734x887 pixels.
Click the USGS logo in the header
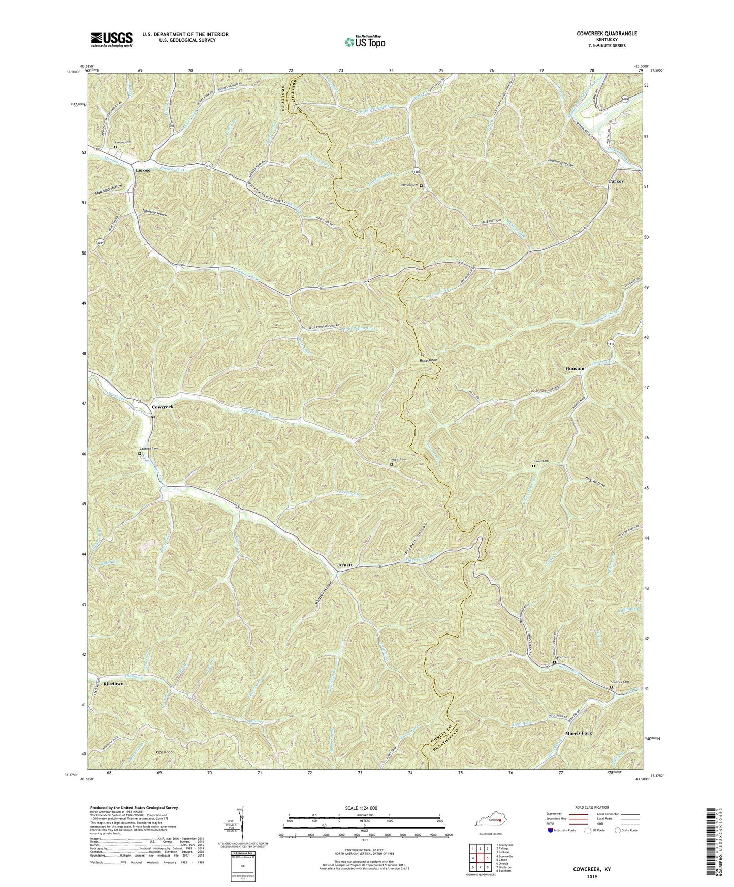[112, 39]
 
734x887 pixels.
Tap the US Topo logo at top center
[365, 42]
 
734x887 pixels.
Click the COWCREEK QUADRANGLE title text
[607, 34]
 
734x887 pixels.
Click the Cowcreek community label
[166, 407]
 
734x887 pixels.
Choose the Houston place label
[575, 368]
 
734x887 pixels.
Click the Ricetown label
[113, 684]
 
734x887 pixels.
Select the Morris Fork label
[579, 733]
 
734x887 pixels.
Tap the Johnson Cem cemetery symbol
[421, 185]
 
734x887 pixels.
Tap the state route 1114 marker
[611, 344]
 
